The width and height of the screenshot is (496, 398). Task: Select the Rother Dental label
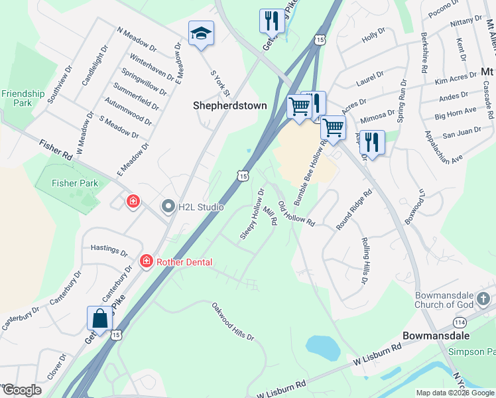pyautogui.click(x=184, y=262)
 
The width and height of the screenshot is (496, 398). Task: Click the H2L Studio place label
pyautogui.click(x=201, y=207)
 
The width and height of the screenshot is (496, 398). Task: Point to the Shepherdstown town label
pyautogui.click(x=229, y=105)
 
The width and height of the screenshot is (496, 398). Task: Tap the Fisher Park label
pyautogui.click(x=75, y=183)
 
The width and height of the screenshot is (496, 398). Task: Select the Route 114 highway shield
pyautogui.click(x=459, y=322)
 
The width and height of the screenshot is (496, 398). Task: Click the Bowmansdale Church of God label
pyautogui.click(x=446, y=300)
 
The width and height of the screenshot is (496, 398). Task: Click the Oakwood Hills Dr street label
pyautogui.click(x=233, y=322)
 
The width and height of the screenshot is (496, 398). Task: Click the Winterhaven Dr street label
pyautogui.click(x=153, y=67)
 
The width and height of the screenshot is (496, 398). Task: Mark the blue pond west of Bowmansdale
pyautogui.click(x=323, y=346)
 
